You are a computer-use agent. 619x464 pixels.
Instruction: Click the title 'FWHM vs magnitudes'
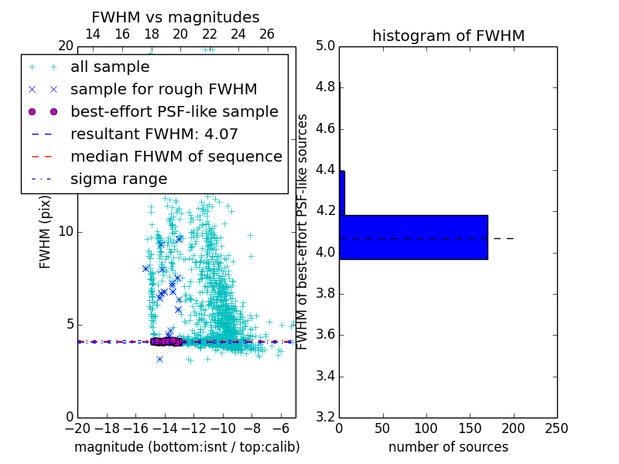[x=176, y=17]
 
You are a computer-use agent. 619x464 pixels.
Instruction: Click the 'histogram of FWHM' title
[x=448, y=36]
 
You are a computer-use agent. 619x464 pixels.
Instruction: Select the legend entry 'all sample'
[x=110, y=67]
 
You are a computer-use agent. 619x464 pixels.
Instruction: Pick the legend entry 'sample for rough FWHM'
[x=163, y=90]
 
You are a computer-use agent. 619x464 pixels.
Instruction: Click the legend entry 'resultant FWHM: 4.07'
[x=154, y=135]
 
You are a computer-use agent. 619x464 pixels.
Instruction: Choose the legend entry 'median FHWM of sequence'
[x=176, y=157]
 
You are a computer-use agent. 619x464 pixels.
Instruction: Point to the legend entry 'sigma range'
[x=118, y=179]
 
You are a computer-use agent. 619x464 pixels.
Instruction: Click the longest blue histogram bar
[x=413, y=237]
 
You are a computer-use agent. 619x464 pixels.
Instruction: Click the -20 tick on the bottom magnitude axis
[x=77, y=428]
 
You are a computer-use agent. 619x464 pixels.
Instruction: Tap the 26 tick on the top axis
[x=267, y=34]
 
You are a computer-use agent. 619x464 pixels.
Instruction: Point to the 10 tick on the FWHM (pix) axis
[x=66, y=232]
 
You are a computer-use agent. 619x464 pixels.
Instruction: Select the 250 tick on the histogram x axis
[x=556, y=428]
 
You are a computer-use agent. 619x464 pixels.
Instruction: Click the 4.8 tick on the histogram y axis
[x=325, y=87]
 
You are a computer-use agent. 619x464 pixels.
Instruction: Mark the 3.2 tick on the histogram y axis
[x=325, y=418]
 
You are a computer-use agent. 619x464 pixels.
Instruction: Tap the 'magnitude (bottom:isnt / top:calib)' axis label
[x=186, y=447]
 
